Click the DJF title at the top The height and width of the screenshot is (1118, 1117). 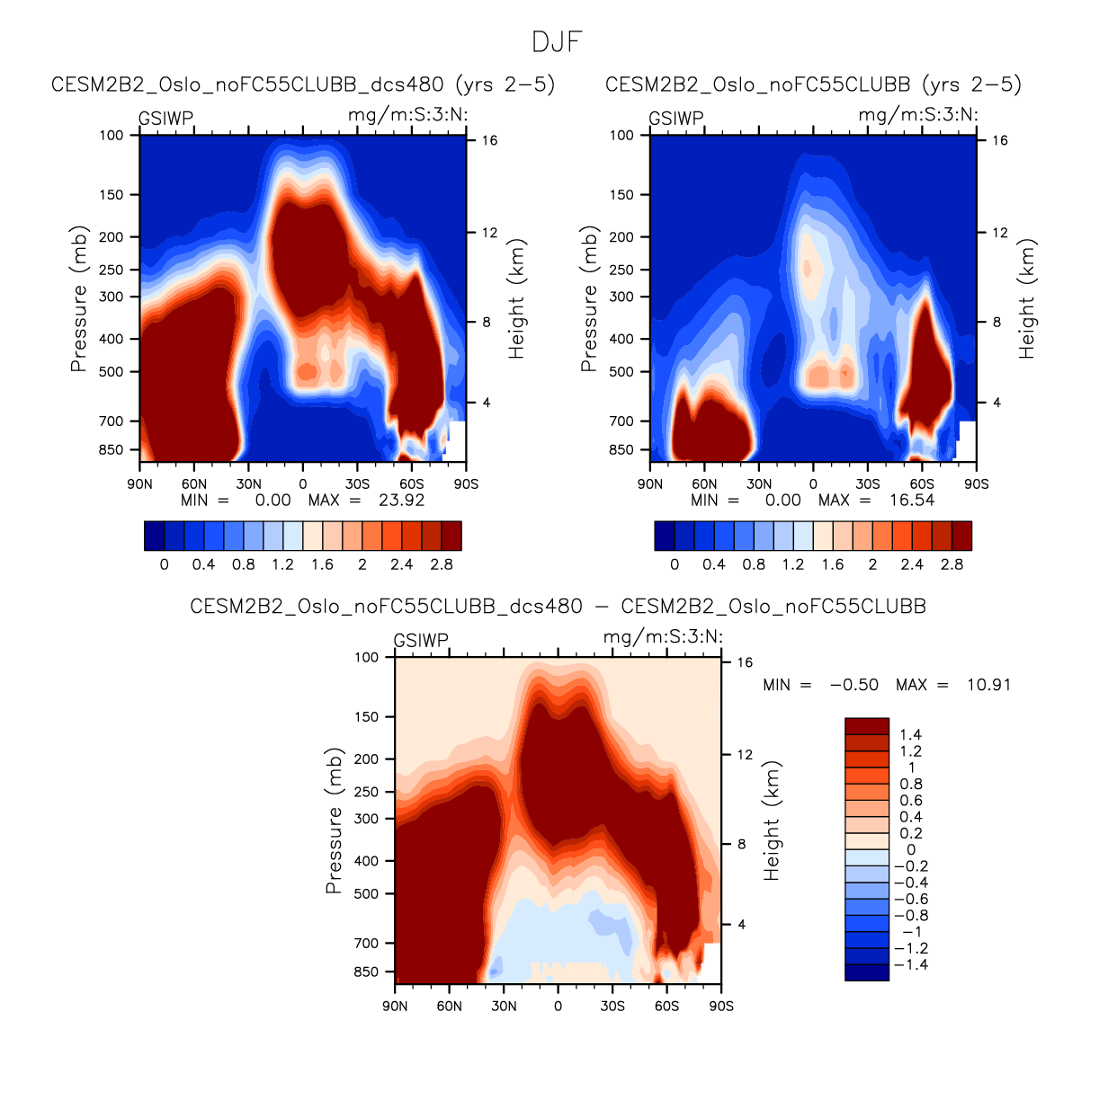557,41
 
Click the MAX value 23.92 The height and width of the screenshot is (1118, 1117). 401,501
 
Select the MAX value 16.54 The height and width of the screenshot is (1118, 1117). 911,501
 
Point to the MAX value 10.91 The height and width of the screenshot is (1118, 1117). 988,685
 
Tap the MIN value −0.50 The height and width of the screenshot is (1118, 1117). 853,685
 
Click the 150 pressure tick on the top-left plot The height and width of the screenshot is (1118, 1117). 112,195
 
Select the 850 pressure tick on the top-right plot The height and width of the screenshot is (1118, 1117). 621,450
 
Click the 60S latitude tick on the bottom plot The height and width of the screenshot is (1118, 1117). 666,1007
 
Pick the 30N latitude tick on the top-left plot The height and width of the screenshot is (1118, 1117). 249,484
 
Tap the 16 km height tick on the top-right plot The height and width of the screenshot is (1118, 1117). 1000,141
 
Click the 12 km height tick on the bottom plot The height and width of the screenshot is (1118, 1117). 745,755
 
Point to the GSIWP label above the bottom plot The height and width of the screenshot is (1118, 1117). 421,641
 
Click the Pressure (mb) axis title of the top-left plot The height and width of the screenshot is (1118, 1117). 79,298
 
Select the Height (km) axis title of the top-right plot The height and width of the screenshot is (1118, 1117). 1027,298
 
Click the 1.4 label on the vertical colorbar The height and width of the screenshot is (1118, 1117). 910,735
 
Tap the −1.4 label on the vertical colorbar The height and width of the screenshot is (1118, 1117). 910,965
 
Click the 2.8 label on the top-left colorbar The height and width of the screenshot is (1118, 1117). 442,565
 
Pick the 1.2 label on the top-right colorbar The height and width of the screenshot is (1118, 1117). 793,565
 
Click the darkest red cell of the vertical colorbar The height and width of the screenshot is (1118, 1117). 867,726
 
